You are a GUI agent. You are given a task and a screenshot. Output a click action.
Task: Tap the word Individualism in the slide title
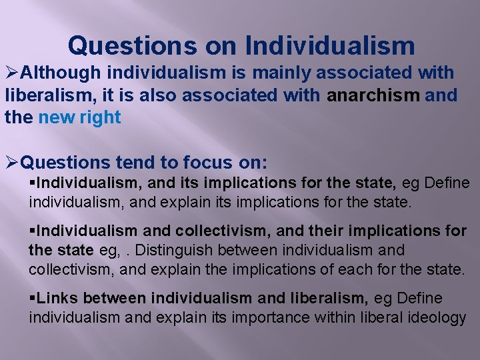(330, 46)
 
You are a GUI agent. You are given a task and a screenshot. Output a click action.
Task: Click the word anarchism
(373, 95)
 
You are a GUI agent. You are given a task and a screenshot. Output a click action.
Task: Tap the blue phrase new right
(80, 118)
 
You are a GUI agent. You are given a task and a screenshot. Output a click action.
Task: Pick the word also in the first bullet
(155, 95)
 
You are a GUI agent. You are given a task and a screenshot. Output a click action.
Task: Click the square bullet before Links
(32, 299)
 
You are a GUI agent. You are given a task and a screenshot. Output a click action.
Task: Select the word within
(333, 317)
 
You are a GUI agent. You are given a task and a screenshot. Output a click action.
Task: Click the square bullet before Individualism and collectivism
(32, 231)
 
